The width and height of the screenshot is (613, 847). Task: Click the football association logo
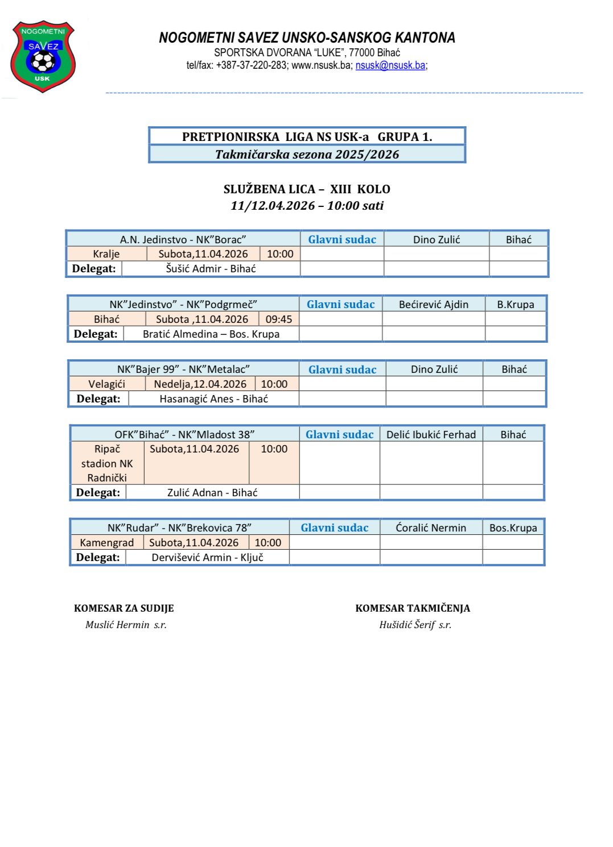click(43, 56)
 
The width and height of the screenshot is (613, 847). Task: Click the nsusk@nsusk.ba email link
click(390, 65)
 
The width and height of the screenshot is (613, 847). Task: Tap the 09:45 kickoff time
click(278, 319)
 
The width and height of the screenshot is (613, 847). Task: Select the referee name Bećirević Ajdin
click(433, 305)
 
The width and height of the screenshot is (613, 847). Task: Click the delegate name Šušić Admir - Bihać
click(211, 269)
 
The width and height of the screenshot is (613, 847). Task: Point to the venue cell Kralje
click(106, 254)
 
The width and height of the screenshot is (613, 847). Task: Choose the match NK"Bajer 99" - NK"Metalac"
click(183, 369)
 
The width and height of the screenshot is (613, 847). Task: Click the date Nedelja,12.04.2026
click(200, 384)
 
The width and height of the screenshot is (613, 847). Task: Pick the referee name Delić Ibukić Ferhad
click(431, 435)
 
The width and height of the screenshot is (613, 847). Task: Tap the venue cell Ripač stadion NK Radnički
click(107, 463)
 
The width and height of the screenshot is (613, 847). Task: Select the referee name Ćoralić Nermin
click(431, 528)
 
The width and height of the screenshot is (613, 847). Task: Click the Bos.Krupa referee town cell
click(513, 528)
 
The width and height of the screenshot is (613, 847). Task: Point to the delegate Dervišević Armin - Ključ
click(207, 558)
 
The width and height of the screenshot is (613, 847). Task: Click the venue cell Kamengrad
click(106, 543)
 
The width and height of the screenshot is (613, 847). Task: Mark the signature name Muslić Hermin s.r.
click(126, 625)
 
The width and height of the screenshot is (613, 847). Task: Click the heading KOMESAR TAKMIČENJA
click(413, 608)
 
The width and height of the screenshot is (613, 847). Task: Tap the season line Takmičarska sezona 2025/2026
click(307, 155)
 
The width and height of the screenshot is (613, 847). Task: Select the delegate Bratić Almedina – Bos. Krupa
click(211, 334)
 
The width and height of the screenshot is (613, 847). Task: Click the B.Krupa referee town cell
click(515, 305)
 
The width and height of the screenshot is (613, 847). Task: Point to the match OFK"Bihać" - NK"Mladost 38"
click(184, 435)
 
